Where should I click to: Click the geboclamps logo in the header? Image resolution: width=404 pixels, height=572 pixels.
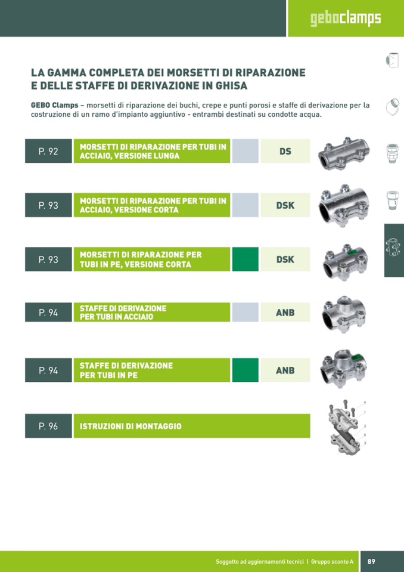[346, 18]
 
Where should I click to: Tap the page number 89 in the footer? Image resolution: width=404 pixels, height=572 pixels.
[371, 561]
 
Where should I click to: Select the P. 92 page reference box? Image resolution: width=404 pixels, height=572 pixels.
[48, 151]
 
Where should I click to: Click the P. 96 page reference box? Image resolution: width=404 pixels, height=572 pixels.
[48, 426]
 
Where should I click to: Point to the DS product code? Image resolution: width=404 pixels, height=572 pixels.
[285, 151]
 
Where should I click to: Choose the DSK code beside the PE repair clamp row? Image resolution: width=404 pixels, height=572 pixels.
[285, 259]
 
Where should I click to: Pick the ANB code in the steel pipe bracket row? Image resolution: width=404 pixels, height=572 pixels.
[285, 313]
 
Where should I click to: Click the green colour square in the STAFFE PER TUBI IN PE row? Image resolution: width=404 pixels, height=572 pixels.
[245, 370]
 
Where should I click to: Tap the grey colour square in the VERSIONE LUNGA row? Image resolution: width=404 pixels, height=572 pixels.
[245, 151]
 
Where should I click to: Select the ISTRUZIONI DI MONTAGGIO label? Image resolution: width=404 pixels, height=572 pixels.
[130, 426]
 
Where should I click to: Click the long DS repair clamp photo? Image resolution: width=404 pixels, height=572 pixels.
[344, 153]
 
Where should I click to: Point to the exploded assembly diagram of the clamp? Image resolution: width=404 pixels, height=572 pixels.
[346, 427]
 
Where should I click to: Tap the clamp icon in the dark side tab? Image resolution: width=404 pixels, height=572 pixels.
[393, 246]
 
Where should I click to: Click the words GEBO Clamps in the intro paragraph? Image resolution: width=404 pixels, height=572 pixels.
[55, 106]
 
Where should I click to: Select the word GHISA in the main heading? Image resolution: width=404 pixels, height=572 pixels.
[231, 86]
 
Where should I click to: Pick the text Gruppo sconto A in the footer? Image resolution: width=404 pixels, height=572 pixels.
[332, 562]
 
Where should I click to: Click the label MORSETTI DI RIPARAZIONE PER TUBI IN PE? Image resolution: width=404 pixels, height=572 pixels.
[141, 259]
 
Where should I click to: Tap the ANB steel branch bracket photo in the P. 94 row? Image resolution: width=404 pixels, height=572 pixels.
[344, 314]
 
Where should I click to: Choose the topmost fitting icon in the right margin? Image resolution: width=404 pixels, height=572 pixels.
[392, 60]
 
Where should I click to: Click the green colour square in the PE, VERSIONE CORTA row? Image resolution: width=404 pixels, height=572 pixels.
[245, 259]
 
